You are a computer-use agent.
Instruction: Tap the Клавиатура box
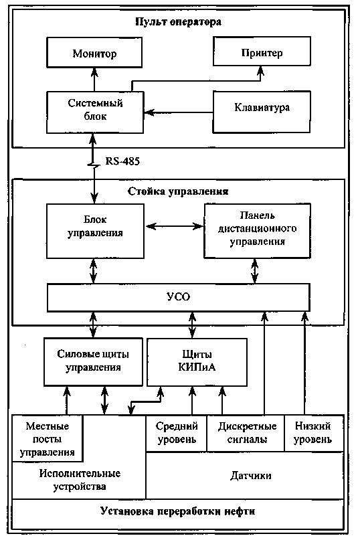(262, 112)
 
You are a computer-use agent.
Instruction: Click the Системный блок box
(95, 112)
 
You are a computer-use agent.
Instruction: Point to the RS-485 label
(122, 161)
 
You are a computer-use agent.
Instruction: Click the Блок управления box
(95, 232)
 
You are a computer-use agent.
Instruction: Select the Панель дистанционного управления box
(258, 231)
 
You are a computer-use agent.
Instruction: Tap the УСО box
(179, 298)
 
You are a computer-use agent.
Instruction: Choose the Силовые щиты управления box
(93, 362)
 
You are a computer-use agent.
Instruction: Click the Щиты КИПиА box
(197, 362)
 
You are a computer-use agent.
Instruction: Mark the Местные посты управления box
(48, 438)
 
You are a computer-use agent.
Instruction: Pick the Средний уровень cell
(177, 434)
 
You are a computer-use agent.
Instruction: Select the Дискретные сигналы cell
(246, 434)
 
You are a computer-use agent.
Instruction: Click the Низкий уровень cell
(314, 434)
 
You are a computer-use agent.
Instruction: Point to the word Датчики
(251, 476)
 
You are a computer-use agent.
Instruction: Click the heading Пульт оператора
(178, 22)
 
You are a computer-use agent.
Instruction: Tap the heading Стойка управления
(178, 191)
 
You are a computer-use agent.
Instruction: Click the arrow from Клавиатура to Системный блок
(179, 112)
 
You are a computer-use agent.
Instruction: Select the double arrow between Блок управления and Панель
(174, 226)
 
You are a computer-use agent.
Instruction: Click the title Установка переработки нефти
(178, 512)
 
